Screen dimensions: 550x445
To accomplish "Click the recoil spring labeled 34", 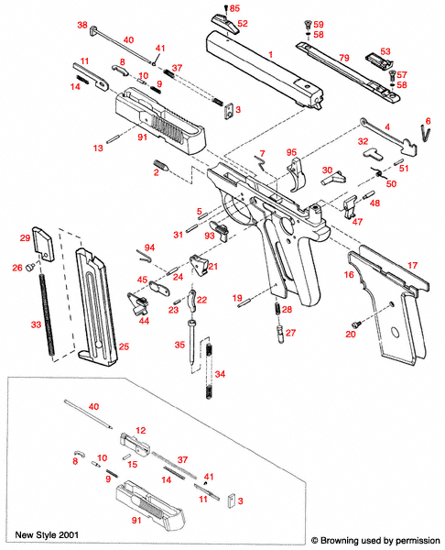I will (212, 370).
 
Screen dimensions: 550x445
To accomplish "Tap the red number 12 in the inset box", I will (141, 430).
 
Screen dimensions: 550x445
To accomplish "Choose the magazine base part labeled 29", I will (41, 246).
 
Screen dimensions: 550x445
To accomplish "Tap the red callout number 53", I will (385, 51).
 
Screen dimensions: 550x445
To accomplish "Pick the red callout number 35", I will (180, 345).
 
